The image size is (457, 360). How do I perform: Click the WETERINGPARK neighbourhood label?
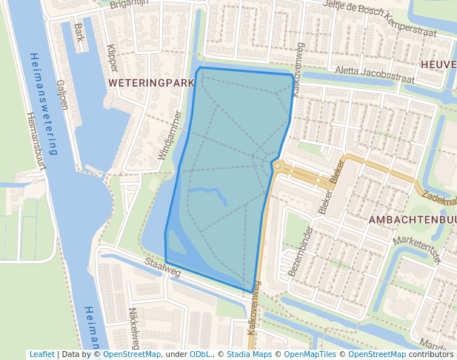pyautogui.click(x=150, y=82)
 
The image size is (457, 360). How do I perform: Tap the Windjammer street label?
pyautogui.click(x=169, y=136)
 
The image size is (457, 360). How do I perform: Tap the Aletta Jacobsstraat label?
pyautogui.click(x=374, y=73)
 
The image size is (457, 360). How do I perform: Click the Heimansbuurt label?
pyautogui.click(x=36, y=140)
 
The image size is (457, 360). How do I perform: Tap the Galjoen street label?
pyautogui.click(x=61, y=95)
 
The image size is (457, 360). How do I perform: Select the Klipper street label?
pyautogui.click(x=112, y=57)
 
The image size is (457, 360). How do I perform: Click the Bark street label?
pyautogui.click(x=79, y=33)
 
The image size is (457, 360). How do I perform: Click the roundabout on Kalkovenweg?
pyautogui.click(x=278, y=167)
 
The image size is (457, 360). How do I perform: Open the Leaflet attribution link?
pyautogui.click(x=41, y=354)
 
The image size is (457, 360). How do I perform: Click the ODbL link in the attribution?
pyautogui.click(x=200, y=354)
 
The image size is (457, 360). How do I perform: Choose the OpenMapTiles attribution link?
pyautogui.click(x=309, y=354)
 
